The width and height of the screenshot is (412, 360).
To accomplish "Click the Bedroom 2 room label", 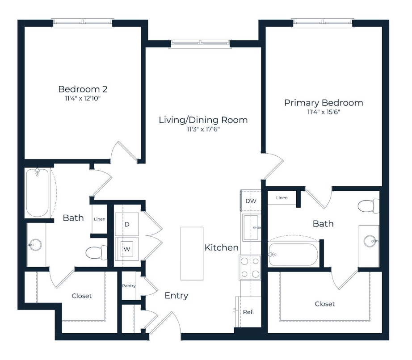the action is click(x=83, y=89).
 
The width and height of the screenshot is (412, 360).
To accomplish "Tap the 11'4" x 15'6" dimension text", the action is click(x=324, y=112).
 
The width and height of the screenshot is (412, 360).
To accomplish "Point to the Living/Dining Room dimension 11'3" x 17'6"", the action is click(x=203, y=129).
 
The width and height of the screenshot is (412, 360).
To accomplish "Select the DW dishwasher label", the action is click(x=251, y=201).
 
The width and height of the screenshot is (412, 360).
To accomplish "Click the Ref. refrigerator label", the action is click(x=248, y=312).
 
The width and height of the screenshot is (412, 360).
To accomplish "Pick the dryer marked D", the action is click(x=127, y=224).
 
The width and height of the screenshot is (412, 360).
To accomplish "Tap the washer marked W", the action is click(x=127, y=249).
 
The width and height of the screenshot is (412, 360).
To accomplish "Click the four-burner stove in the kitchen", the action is click(x=250, y=268).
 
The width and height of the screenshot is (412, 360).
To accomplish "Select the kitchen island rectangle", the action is click(x=192, y=253).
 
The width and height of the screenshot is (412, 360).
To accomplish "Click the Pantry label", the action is click(x=129, y=286).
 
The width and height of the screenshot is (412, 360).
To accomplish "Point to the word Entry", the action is click(x=177, y=296).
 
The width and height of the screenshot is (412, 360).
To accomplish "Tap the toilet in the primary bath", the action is click(x=369, y=206).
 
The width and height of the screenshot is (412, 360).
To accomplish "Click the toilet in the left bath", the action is click(x=97, y=252).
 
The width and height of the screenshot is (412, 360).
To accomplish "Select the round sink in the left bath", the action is click(x=35, y=245).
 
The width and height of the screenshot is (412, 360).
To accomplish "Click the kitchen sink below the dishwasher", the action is click(x=252, y=227).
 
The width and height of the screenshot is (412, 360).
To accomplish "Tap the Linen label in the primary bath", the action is click(x=282, y=198).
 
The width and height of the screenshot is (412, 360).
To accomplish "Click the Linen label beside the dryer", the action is click(x=100, y=219).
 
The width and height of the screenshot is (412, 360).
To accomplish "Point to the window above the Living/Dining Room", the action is click(x=200, y=44).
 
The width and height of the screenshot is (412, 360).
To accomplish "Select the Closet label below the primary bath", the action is click(x=325, y=304).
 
